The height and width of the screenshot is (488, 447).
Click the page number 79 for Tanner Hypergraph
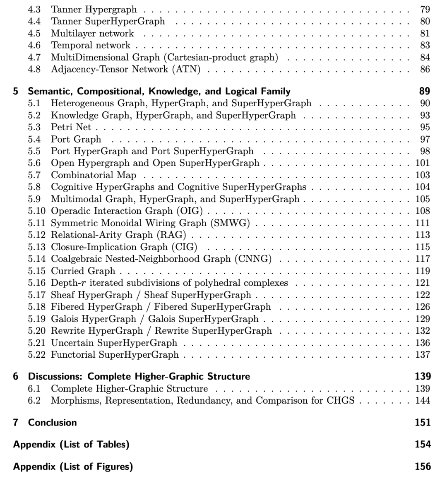tap(425, 9)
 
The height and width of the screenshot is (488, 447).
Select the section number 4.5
tap(34, 33)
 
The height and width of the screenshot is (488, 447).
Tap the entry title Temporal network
tap(90, 45)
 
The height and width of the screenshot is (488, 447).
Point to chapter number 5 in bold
tap(16, 91)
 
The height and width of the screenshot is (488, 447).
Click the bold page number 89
tap(424, 91)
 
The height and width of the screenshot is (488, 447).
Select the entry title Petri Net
tap(71, 127)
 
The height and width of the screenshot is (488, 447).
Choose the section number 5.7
tap(34, 175)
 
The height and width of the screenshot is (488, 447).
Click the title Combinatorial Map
tap(94, 175)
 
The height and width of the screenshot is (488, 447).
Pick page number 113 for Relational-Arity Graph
tap(423, 235)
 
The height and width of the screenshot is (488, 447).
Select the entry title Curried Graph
tap(83, 271)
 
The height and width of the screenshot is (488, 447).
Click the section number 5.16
tap(37, 283)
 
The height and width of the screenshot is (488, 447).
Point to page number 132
tap(423, 331)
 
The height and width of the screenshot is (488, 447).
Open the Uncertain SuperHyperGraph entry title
tap(114, 343)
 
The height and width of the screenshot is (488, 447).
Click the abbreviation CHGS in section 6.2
tap(340, 400)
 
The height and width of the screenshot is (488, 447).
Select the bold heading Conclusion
tap(52, 422)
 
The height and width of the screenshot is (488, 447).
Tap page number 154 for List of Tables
tap(423, 444)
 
